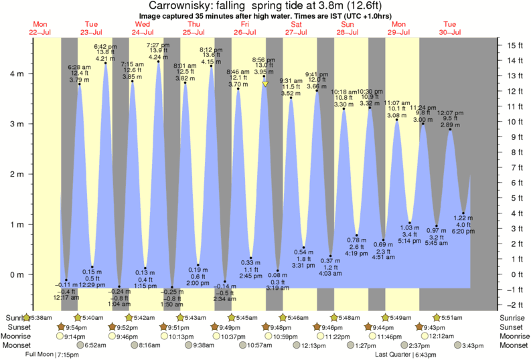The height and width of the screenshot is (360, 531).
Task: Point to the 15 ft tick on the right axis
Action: point(514,46)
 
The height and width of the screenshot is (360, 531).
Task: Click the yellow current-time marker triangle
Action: point(265,84)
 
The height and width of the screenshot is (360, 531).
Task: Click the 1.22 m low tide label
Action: point(463,219)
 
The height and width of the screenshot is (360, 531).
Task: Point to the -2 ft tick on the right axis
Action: point(513,304)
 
